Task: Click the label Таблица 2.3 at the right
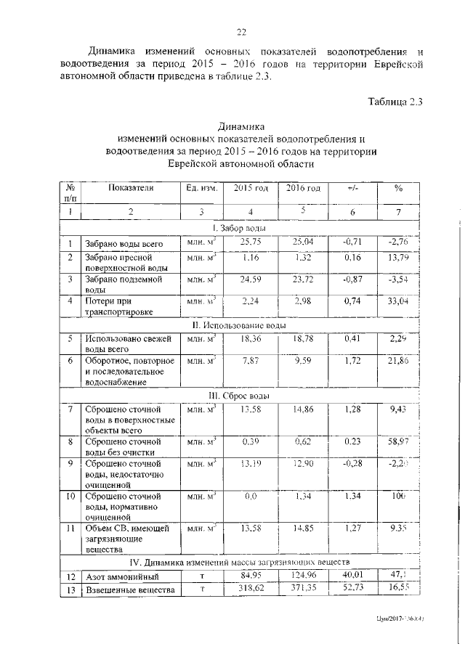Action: pyautogui.click(x=393, y=102)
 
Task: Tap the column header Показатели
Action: pyautogui.click(x=131, y=188)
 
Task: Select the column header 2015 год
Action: pyautogui.click(x=251, y=188)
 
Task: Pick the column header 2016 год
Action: pyautogui.click(x=303, y=188)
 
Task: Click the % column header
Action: pyautogui.click(x=398, y=188)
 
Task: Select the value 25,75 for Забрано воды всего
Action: pyautogui.click(x=251, y=242)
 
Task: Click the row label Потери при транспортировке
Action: pyautogui.click(x=117, y=305)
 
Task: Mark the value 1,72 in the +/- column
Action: pyautogui.click(x=352, y=359)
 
